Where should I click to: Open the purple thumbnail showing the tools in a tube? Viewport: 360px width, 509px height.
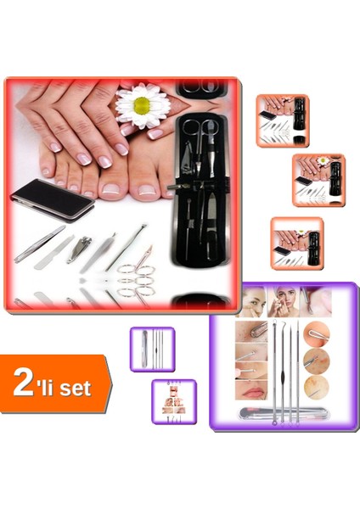pos(151,349)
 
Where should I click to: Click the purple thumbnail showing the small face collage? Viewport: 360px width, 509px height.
pos(173,401)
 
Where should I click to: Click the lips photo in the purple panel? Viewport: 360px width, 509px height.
pos(251,392)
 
